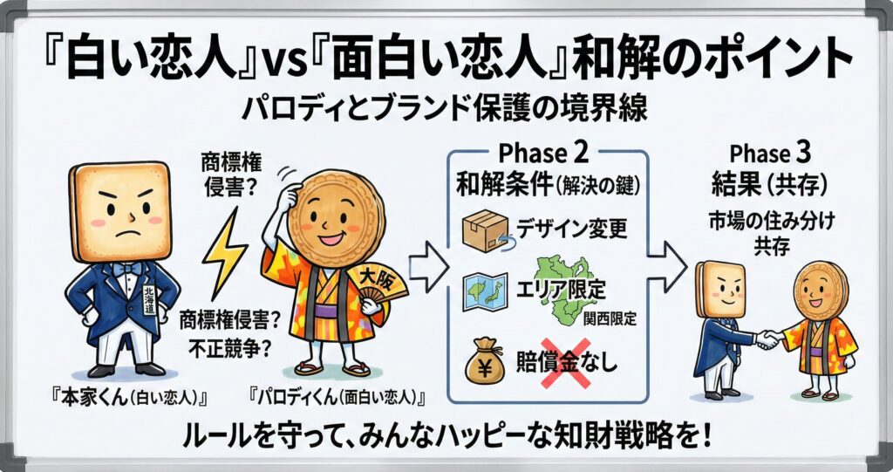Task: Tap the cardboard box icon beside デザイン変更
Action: [x=481, y=230]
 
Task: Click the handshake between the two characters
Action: [x=767, y=338]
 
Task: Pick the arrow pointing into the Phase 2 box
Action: [x=425, y=271]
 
